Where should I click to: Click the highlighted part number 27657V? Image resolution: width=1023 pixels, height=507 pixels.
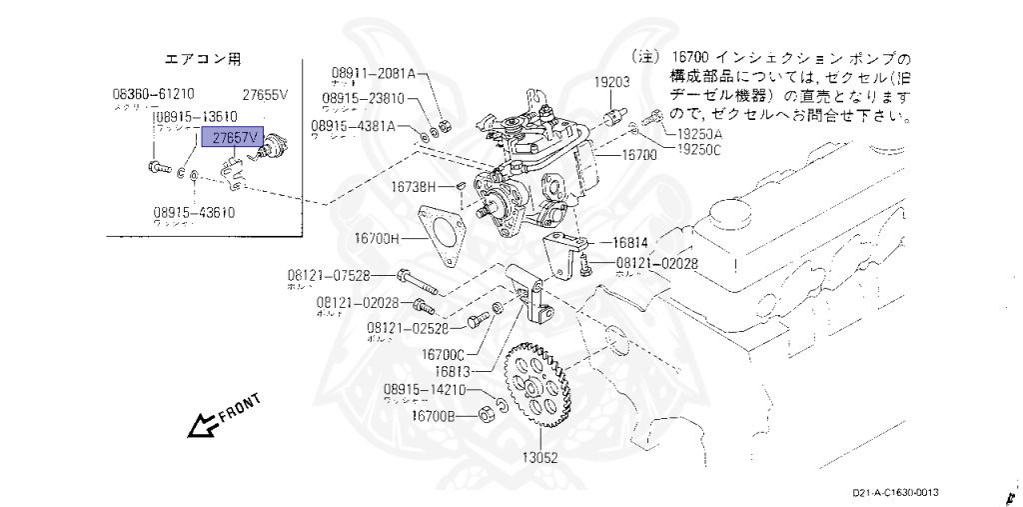click(232, 137)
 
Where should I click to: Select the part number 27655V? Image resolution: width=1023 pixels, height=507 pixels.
click(266, 95)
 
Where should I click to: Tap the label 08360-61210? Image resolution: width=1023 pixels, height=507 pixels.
click(153, 95)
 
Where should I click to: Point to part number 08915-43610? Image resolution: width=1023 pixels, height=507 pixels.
click(194, 212)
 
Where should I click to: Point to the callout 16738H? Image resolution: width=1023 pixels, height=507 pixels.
click(414, 187)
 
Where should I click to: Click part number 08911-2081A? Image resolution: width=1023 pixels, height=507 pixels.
click(373, 74)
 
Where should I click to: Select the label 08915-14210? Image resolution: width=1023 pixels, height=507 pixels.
click(424, 390)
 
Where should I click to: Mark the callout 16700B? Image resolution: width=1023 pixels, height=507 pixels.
click(435, 416)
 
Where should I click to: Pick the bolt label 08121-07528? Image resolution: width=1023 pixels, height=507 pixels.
click(330, 275)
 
